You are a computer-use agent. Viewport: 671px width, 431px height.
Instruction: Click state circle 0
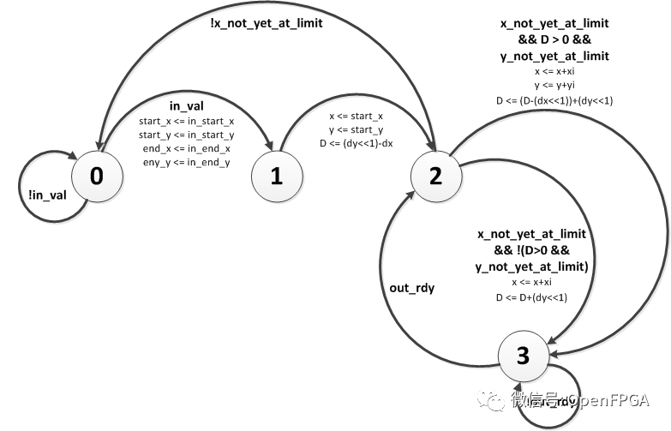tap(96, 177)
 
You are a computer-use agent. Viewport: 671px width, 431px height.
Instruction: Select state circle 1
tap(277, 177)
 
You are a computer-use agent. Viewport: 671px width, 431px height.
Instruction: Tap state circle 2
tap(436, 177)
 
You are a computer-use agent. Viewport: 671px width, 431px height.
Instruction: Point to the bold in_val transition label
tap(186, 106)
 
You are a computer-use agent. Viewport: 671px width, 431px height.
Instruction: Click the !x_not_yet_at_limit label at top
tap(266, 24)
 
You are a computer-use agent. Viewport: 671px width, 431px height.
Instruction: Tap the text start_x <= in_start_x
tap(186, 122)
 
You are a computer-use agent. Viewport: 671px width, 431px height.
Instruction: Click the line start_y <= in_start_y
tap(186, 135)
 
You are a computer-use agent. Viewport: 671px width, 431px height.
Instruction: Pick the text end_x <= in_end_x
tap(186, 149)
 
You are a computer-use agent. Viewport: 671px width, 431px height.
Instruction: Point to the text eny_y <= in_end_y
tap(186, 163)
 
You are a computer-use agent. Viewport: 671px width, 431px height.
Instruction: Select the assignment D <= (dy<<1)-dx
tap(357, 141)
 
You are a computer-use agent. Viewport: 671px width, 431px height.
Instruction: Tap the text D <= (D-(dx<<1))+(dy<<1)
tap(554, 101)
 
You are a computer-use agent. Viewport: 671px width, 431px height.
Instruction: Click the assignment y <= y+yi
tap(554, 87)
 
